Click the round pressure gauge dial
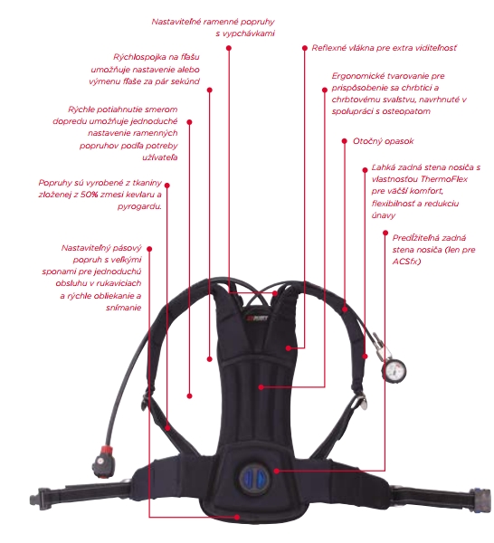[x=394, y=370]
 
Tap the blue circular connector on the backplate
[x=254, y=479]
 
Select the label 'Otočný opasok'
[x=384, y=141]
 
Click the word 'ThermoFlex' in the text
[x=444, y=179]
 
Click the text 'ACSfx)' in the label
[x=406, y=262]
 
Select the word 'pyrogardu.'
[x=139, y=206]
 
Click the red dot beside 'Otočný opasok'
[x=344, y=141]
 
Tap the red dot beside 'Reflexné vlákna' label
[x=305, y=48]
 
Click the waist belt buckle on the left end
[x=40, y=499]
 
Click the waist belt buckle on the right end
[x=481, y=498]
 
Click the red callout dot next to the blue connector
[x=276, y=471]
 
